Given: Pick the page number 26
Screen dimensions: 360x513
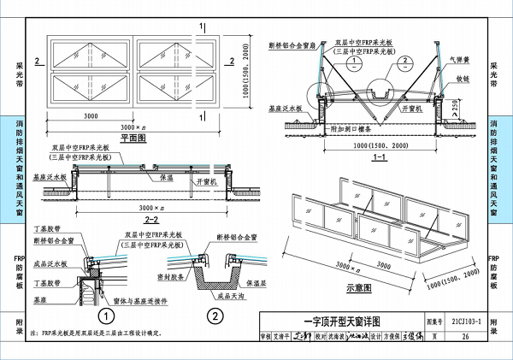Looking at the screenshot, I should click(x=464, y=337).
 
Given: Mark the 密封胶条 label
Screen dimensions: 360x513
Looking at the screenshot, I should click(x=174, y=276).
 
